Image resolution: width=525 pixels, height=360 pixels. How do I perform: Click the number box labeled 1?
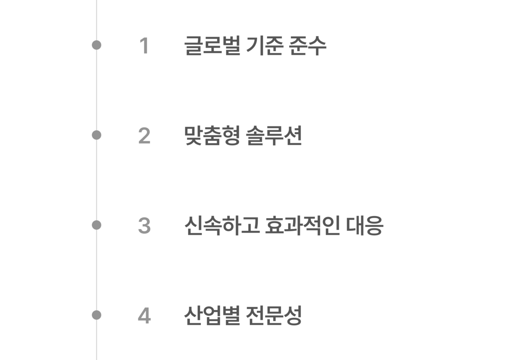[144, 45]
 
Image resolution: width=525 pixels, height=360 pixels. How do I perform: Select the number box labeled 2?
[144, 135]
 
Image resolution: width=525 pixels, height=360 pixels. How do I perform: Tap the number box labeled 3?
[144, 225]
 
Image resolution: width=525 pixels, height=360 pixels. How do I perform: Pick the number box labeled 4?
[144, 315]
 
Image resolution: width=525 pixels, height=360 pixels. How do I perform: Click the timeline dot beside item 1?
[96, 45]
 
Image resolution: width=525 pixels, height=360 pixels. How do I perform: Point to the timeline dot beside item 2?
[96, 135]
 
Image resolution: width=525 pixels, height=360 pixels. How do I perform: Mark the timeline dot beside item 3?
[96, 225]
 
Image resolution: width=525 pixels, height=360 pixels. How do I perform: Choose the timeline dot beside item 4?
[96, 315]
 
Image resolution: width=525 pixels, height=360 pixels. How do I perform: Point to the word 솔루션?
[274, 136]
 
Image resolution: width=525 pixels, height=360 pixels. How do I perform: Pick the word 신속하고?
[222, 226]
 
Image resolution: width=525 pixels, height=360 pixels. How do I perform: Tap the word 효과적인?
[303, 226]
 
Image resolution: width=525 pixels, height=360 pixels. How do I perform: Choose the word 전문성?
[274, 315]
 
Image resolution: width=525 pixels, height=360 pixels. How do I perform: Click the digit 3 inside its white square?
[144, 226]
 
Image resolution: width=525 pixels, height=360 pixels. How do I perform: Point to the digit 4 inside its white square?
[144, 315]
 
